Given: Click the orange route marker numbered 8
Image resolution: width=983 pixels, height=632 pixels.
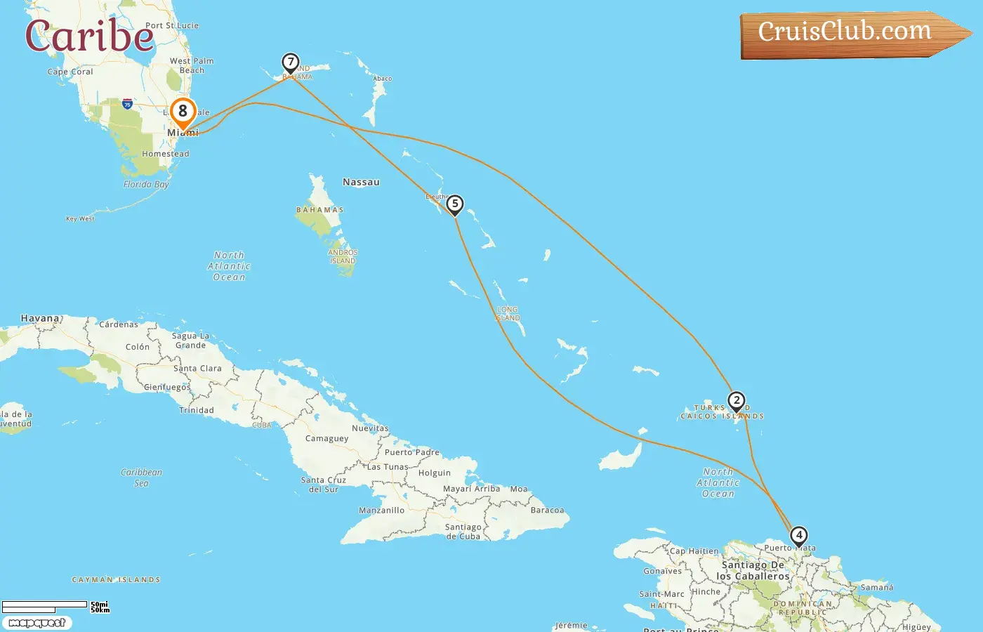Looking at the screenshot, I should (x=183, y=112).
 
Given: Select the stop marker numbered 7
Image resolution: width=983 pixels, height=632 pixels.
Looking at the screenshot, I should (x=290, y=62).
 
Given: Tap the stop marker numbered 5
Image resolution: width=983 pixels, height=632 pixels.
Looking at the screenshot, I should (x=455, y=204).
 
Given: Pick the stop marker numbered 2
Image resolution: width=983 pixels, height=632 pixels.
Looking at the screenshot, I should (x=736, y=401).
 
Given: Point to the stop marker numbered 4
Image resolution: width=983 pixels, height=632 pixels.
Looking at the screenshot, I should (x=798, y=536).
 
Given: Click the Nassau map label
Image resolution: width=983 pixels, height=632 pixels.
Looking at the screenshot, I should (x=361, y=182).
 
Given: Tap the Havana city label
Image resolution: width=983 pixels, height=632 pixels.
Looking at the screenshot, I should (x=40, y=318).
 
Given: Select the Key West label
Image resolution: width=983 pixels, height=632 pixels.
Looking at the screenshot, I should (x=80, y=218).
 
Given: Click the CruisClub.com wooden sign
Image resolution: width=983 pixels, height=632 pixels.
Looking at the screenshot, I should (x=850, y=33).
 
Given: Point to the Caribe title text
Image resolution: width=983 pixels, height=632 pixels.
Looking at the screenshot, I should (x=89, y=35).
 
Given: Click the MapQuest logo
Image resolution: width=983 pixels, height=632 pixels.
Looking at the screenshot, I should (x=37, y=623).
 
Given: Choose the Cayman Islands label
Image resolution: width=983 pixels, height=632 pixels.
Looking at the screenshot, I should (x=117, y=580).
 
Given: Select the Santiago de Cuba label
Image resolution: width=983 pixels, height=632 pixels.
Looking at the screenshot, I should (x=463, y=532).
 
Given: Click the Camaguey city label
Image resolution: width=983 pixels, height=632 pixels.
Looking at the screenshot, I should (x=326, y=438).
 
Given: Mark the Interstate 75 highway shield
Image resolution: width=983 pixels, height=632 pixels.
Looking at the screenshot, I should (x=127, y=104).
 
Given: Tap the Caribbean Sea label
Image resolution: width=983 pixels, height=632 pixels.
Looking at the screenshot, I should (x=141, y=478).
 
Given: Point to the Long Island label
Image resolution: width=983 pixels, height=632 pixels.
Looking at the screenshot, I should (x=508, y=314).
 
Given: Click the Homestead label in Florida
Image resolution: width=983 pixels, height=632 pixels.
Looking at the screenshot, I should (x=165, y=154).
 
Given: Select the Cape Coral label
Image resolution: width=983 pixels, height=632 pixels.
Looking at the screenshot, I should (x=70, y=72).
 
